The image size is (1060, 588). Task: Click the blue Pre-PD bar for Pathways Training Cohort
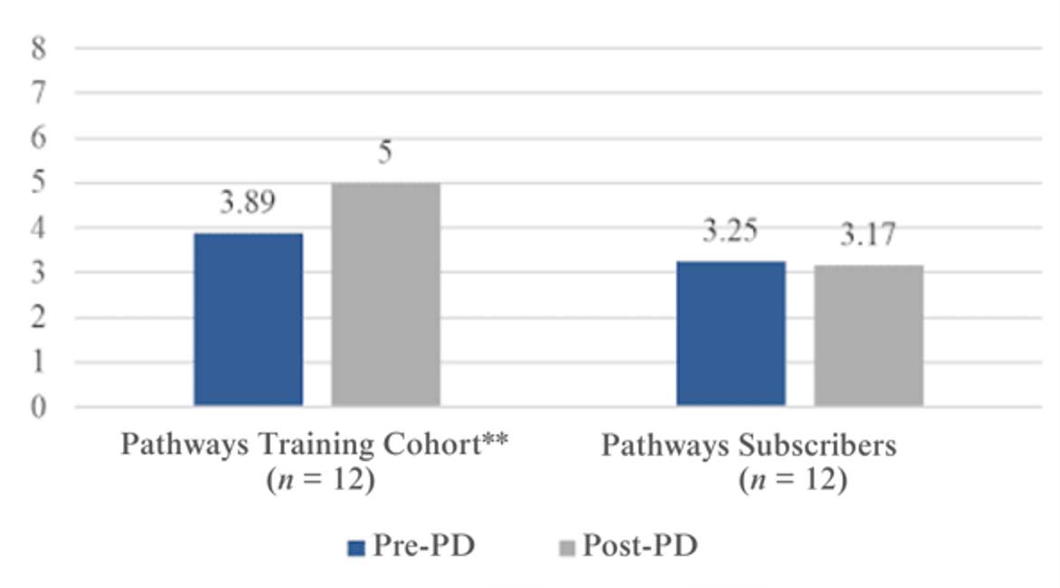tap(249, 319)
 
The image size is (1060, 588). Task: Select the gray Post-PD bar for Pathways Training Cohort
tap(385, 294)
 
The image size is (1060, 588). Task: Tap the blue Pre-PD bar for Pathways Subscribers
tap(731, 333)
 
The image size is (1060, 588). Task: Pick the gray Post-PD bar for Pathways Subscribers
tap(868, 335)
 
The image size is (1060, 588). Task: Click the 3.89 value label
tap(249, 204)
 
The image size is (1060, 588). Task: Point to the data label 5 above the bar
tap(385, 153)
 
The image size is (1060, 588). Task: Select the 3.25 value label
tap(731, 232)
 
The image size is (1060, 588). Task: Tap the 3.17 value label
tap(867, 236)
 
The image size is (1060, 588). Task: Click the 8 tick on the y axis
tap(38, 48)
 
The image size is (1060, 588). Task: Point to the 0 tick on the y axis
tap(38, 407)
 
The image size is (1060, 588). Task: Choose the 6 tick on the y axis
tap(38, 138)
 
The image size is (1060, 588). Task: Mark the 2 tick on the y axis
tap(38, 318)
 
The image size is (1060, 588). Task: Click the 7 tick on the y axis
tap(38, 92)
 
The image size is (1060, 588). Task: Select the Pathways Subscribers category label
tap(749, 446)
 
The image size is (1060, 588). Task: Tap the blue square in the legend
tap(355, 547)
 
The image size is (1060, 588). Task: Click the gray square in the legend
tap(568, 547)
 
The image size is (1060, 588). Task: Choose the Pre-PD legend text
tap(421, 546)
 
